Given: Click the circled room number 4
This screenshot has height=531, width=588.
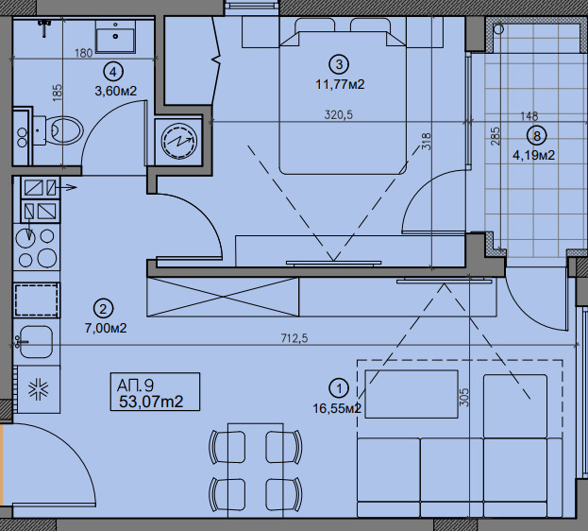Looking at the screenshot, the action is tap(113, 72).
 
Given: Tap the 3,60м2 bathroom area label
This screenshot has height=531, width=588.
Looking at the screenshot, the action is tap(116, 91).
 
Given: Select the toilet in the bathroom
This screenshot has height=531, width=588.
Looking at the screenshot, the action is tap(59, 130).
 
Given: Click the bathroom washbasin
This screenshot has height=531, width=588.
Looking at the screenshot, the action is tap(115, 36).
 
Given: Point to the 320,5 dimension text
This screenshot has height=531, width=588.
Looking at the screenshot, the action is tap(339, 114).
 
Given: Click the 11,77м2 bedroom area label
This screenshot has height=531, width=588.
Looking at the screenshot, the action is tap(340, 84).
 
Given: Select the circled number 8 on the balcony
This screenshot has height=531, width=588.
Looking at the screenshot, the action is tap(537, 135).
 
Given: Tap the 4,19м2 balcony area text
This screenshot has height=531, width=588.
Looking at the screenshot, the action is tap(533, 155).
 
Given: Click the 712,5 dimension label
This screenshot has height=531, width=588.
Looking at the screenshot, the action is tap(294, 338).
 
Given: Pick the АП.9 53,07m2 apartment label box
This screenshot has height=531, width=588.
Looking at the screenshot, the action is tap(155, 392).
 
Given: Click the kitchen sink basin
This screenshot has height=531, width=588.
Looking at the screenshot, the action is tap(36, 342).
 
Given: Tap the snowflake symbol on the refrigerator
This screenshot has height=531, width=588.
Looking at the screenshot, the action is tap(39, 389).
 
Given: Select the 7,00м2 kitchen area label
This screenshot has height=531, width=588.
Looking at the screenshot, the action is tap(106, 328).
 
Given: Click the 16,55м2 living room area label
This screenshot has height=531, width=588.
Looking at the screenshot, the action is tap(337, 408).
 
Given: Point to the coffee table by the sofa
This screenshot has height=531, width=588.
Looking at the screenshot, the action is tap(412, 394).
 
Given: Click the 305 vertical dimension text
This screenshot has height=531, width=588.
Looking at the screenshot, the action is tap(464, 398).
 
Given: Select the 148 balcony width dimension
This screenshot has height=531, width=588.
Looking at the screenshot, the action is tap(529, 116).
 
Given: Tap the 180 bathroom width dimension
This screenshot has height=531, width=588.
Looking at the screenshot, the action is tap(83, 53).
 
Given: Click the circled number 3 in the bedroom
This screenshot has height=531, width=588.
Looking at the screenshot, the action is tap(339, 64).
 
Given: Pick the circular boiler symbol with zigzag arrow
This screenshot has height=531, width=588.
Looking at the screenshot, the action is tap(179, 141).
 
